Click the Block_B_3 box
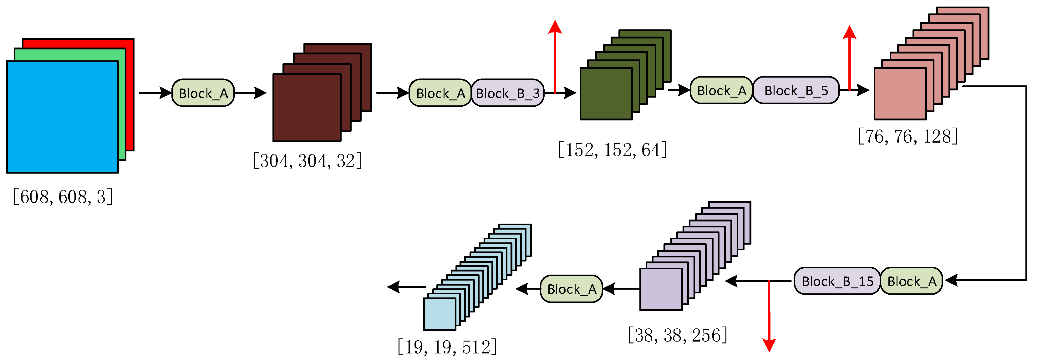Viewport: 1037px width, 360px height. [x=508, y=93]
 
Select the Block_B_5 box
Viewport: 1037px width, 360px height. [x=796, y=90]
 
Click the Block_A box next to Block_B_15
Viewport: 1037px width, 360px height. [x=911, y=281]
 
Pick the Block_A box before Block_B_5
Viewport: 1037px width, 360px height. [x=721, y=90]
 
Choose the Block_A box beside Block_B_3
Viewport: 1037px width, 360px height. [x=440, y=93]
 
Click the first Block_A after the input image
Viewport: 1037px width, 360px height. [x=203, y=93]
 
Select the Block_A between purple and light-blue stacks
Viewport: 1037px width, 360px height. [x=571, y=289]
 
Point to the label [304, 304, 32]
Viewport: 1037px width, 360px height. [x=308, y=161]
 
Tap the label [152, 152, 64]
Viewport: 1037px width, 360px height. [x=612, y=150]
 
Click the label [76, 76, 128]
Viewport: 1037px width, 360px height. [x=908, y=136]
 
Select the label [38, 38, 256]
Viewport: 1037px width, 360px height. [x=678, y=335]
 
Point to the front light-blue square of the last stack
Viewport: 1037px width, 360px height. [x=439, y=314]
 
